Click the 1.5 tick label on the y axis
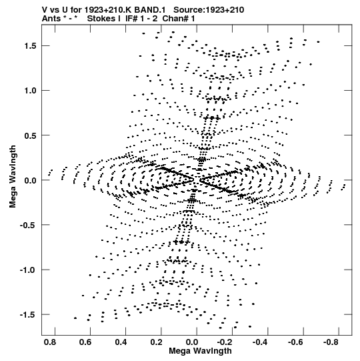[31, 46]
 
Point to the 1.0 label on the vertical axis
[31, 91]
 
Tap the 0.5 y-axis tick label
[31, 135]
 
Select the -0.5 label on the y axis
[28, 225]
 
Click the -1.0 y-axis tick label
[28, 270]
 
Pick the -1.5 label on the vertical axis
[28, 314]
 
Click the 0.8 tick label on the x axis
[50, 342]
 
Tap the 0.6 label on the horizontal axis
[85, 342]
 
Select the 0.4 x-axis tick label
[121, 342]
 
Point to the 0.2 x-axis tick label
[157, 342]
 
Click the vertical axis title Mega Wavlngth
[13, 177]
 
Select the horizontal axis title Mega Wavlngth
[200, 351]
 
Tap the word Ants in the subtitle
[51, 19]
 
